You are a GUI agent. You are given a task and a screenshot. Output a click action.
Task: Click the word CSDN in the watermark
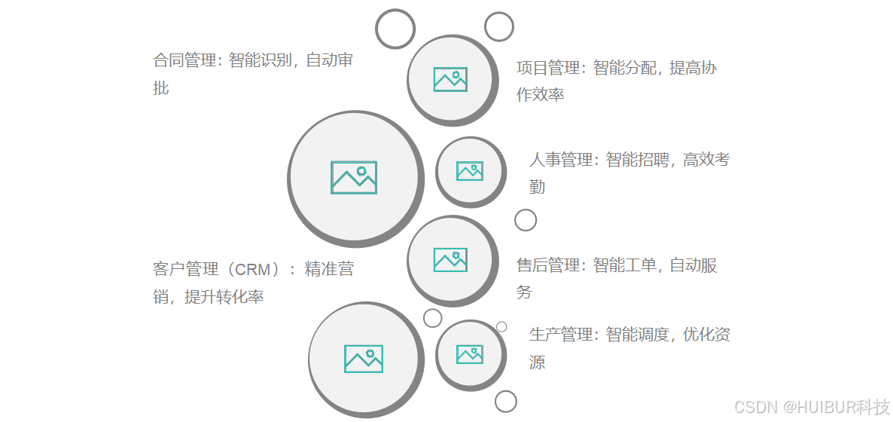coord(756,407)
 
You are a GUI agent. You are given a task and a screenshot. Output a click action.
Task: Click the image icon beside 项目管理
coord(450,79)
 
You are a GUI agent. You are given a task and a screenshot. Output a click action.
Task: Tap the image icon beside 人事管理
coord(470,171)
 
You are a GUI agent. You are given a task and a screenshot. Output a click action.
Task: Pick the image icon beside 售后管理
coord(450,259)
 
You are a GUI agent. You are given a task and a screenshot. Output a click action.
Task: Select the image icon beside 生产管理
coord(470,354)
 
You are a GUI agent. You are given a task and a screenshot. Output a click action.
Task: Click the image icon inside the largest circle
coord(354,178)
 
